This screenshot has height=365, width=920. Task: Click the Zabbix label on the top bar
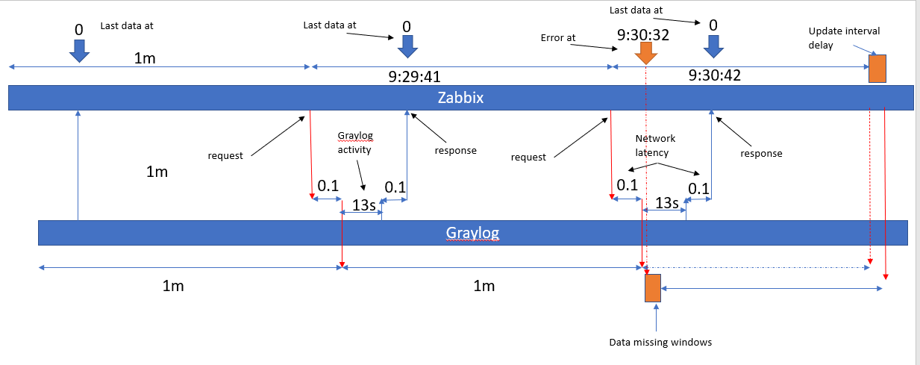(x=460, y=98)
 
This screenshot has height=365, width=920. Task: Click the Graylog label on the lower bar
(x=472, y=233)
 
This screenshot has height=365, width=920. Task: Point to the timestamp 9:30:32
(x=643, y=34)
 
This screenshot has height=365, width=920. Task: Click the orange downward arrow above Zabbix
(x=645, y=54)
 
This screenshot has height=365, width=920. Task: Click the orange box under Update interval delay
(x=877, y=69)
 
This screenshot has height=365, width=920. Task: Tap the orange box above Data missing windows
(x=653, y=287)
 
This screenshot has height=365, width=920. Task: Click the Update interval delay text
(x=844, y=37)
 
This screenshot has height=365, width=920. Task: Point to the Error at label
(x=558, y=37)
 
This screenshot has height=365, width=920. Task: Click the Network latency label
(x=655, y=146)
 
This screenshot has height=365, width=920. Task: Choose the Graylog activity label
(x=355, y=142)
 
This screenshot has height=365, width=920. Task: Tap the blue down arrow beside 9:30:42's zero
(x=714, y=46)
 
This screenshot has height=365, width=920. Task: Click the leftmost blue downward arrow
(x=78, y=49)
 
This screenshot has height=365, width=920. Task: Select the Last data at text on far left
(x=127, y=26)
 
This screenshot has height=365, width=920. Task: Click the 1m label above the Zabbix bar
(x=145, y=58)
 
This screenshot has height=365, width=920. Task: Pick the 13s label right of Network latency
(x=666, y=203)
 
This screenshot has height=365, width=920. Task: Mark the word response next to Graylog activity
(x=454, y=151)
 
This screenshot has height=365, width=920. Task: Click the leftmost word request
(x=225, y=156)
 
